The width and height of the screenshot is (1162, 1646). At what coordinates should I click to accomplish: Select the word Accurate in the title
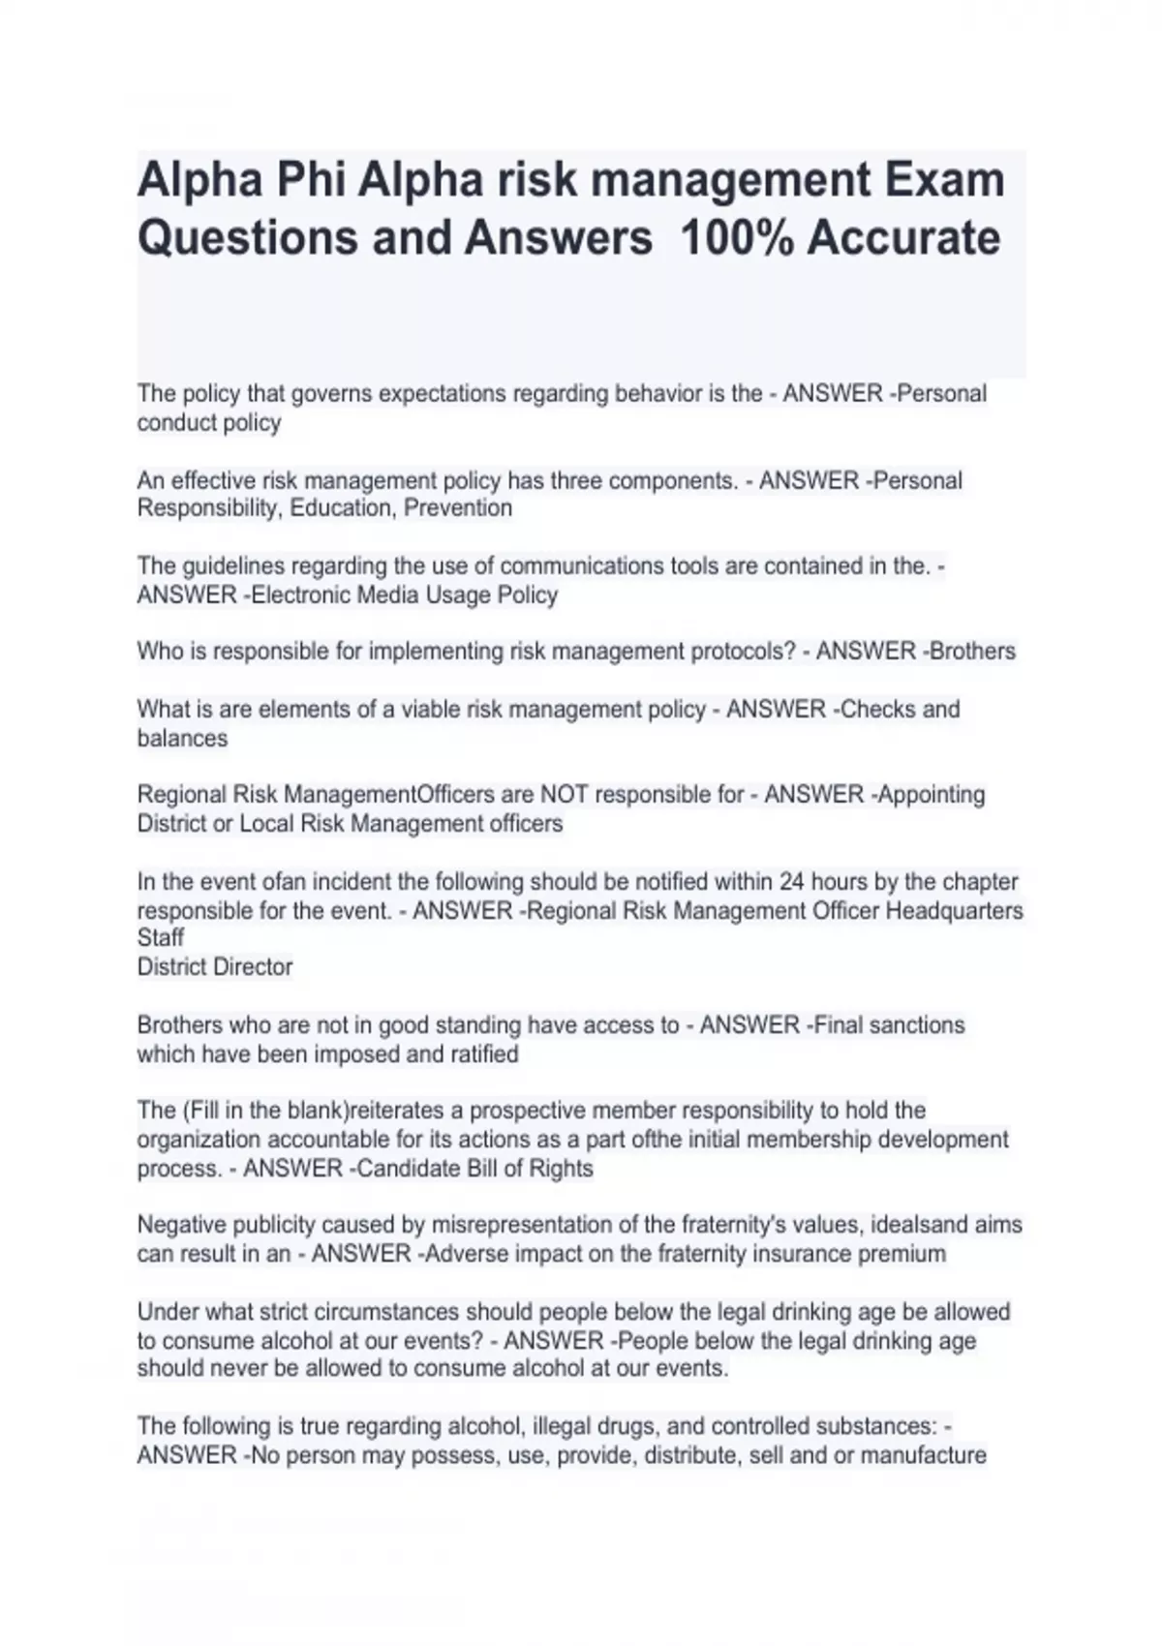pos(903,238)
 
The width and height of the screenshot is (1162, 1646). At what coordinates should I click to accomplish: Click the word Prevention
pos(458,508)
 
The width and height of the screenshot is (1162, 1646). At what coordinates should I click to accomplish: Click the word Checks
pos(878,710)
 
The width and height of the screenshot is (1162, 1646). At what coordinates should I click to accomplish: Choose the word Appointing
pos(933,795)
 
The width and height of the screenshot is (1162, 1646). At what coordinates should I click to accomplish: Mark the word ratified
pos(484,1054)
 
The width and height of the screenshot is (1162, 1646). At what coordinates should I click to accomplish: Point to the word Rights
pos(561,1169)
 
